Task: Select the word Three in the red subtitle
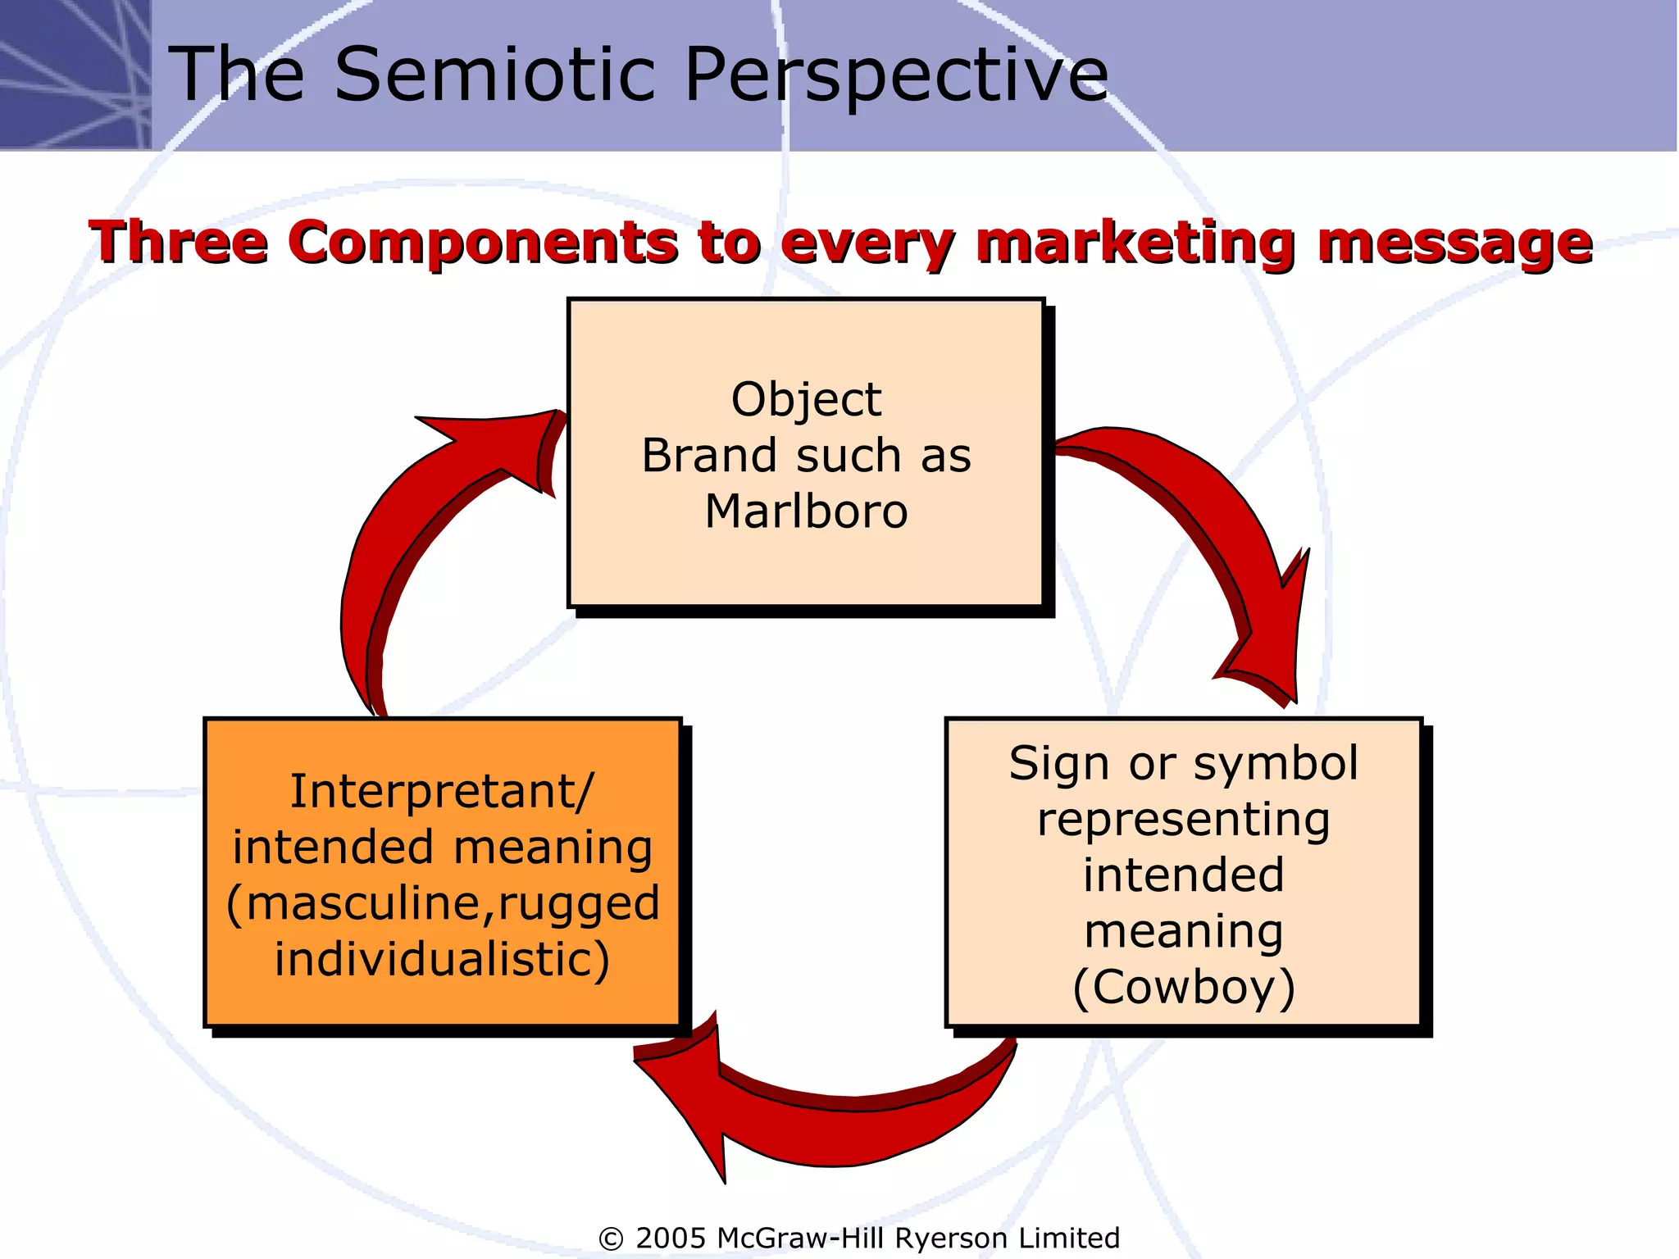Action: [179, 243]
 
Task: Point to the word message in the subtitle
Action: [1454, 243]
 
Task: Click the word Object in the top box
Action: [806, 400]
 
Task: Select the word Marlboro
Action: [806, 511]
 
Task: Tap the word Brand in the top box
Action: [708, 456]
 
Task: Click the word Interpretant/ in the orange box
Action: [442, 792]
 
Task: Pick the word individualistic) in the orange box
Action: [442, 959]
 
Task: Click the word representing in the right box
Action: [1183, 820]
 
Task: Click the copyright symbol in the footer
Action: [611, 1239]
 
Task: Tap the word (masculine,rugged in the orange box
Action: [442, 903]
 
